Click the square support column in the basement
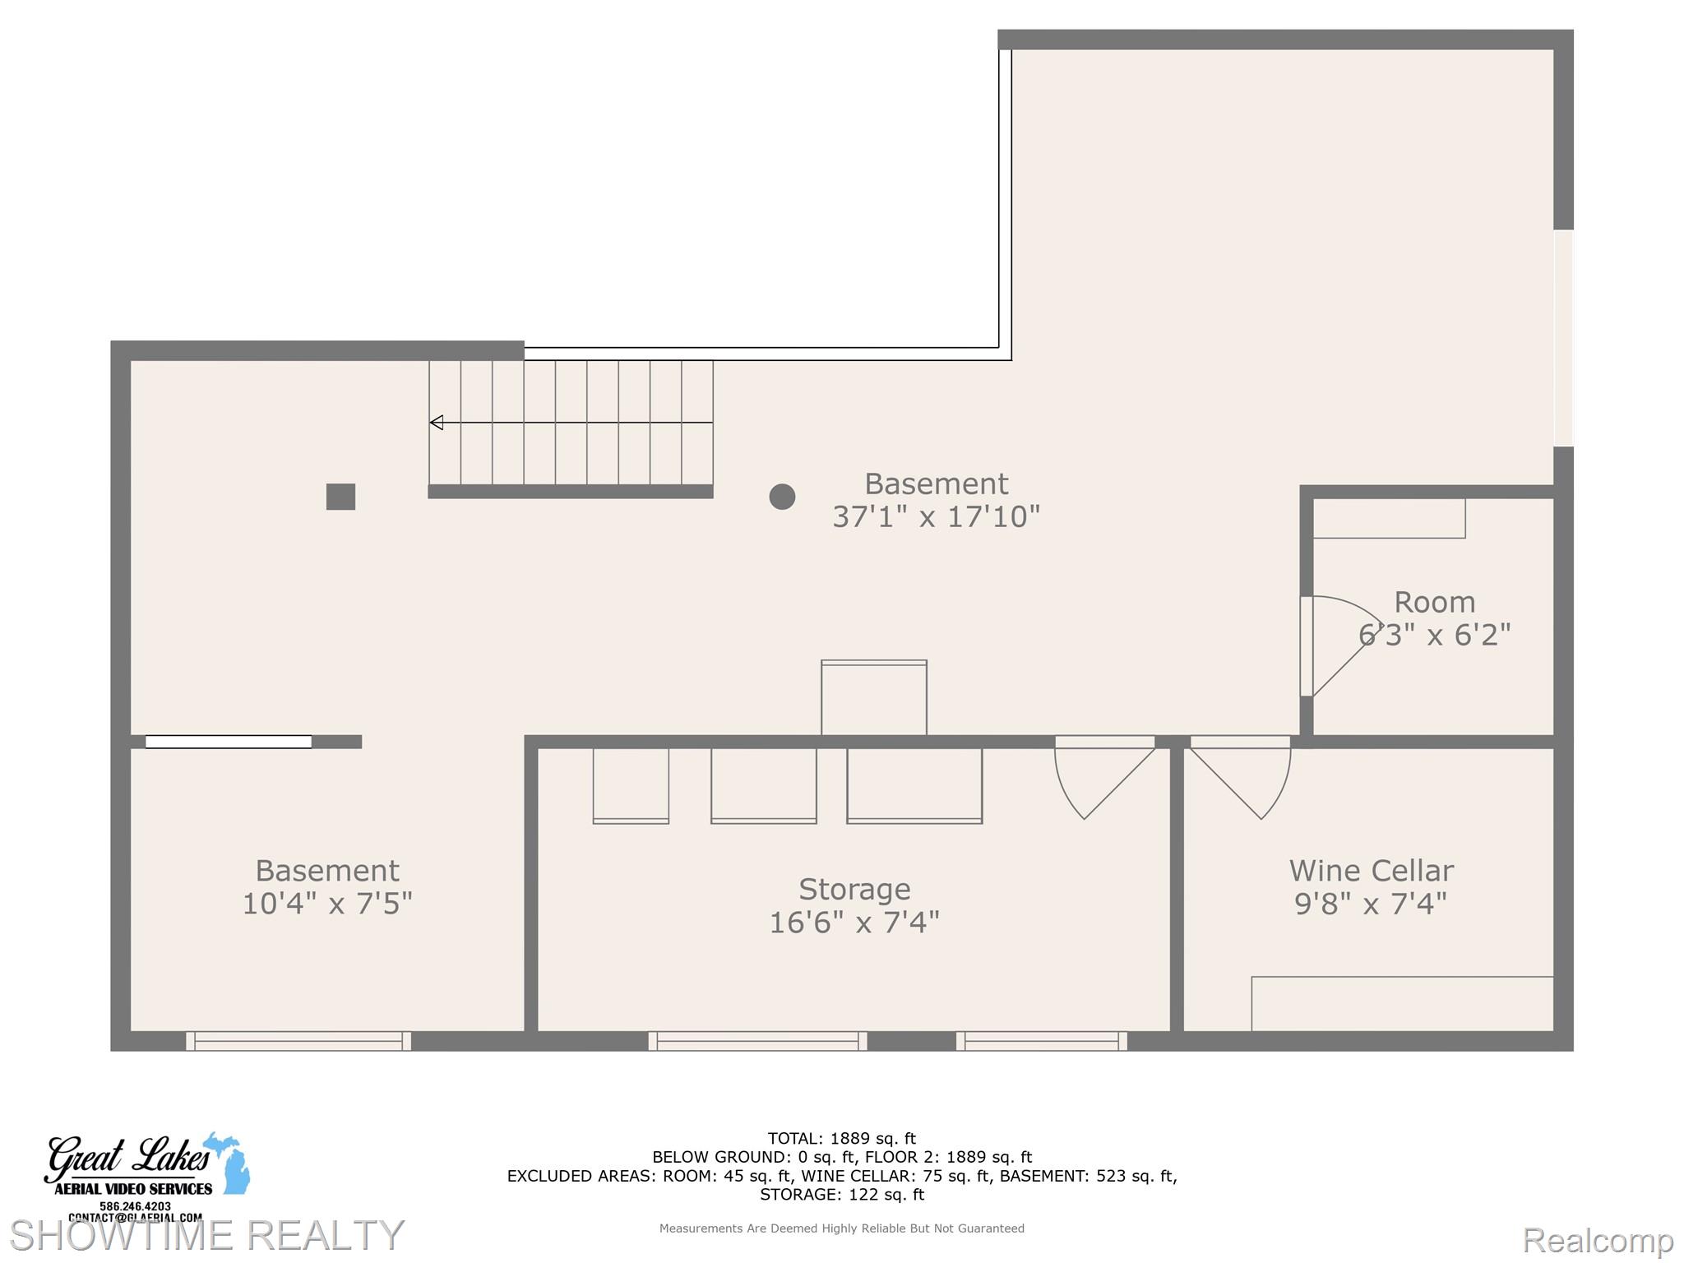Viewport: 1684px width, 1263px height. (340, 497)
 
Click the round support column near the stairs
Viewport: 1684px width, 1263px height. (782, 497)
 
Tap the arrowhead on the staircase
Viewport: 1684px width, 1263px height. (437, 423)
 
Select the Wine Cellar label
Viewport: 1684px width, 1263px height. (1371, 871)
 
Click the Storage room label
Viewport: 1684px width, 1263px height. (854, 890)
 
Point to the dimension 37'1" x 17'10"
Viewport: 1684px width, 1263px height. (936, 517)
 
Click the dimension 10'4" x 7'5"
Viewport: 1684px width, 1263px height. (327, 904)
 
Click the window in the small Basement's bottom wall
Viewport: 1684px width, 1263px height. (298, 1041)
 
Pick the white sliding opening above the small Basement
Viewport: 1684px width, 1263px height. (229, 742)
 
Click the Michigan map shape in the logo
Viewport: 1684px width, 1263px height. (232, 1164)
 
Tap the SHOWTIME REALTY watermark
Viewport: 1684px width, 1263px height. (206, 1235)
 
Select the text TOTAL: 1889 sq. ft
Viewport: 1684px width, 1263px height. (841, 1139)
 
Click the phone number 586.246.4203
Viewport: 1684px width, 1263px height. (135, 1206)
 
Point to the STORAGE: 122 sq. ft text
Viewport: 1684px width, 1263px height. (841, 1195)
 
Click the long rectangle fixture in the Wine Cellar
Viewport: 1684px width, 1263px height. (1402, 1003)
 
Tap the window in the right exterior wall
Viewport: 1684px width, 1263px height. (1563, 338)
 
